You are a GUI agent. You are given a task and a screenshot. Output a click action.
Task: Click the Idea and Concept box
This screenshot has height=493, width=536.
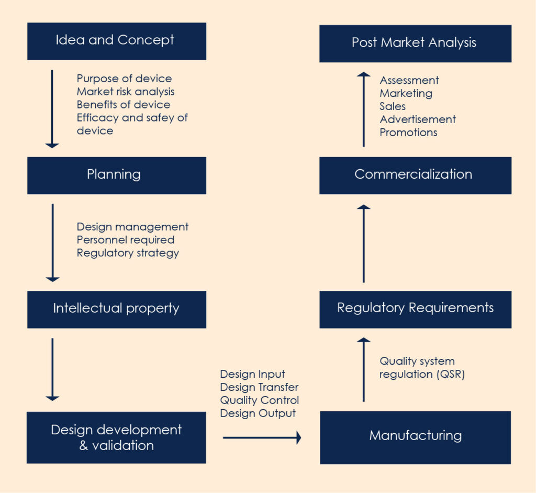coord(116,41)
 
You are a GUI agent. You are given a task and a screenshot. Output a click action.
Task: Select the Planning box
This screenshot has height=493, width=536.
coord(116,175)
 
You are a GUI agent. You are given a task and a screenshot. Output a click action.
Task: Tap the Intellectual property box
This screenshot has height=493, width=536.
coord(116,309)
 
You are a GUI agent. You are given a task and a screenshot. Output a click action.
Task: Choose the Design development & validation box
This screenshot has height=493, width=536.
coord(116,437)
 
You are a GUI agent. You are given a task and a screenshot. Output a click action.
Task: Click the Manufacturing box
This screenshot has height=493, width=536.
coord(415,437)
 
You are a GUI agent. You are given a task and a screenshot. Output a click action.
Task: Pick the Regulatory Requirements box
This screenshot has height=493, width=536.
coord(415,309)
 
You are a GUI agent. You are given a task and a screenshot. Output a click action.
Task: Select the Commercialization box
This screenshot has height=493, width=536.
coord(415,175)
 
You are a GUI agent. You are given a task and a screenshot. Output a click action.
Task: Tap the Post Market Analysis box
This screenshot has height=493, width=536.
coord(415,43)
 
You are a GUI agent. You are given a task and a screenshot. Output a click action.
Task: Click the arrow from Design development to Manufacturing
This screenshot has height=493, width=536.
coord(262,437)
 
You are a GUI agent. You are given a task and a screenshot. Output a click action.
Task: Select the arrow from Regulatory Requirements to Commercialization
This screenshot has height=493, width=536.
coord(364,244)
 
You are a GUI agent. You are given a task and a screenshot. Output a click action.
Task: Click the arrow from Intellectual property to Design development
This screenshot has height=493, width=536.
coord(52,369)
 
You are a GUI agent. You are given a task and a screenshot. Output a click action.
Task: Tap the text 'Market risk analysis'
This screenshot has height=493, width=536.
coord(126,92)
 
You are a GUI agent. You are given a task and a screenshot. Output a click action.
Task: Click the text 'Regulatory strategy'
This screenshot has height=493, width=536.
coord(128,253)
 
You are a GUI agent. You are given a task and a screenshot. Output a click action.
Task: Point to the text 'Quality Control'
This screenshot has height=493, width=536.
coord(259,400)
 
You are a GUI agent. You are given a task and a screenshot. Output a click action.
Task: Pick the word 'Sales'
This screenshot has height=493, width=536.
coord(393,106)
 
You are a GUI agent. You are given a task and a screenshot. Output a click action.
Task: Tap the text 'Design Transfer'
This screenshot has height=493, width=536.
coord(259,387)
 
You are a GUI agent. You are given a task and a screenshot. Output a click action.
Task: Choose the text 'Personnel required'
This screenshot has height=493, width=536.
coord(126,240)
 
